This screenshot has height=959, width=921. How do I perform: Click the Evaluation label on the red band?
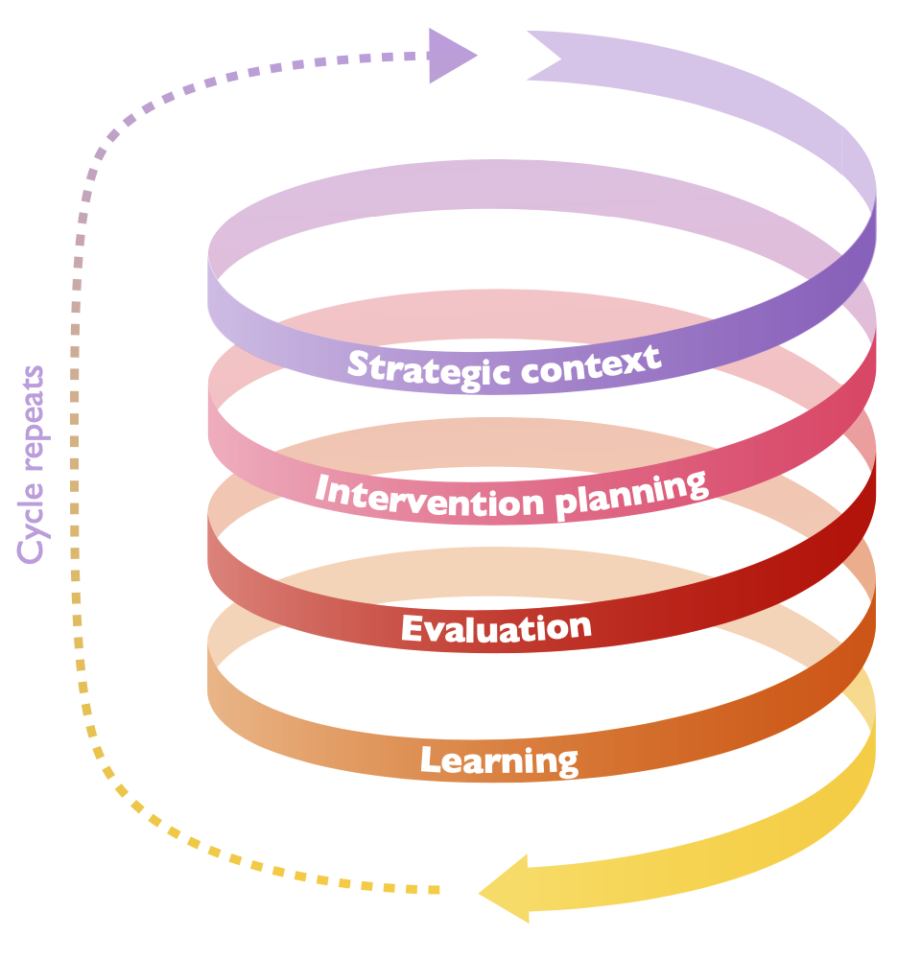coord(496,628)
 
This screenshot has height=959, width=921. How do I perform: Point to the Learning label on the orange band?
coord(499,760)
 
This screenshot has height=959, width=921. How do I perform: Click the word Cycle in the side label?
coord(31,523)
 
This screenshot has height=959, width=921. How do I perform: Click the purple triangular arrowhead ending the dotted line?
coord(449,56)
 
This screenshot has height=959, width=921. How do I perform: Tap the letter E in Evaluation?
coord(412,630)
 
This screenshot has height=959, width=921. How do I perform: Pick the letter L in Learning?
coord(430,760)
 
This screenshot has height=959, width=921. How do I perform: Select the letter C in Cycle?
coord(31,549)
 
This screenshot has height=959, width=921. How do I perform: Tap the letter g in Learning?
coord(566,764)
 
